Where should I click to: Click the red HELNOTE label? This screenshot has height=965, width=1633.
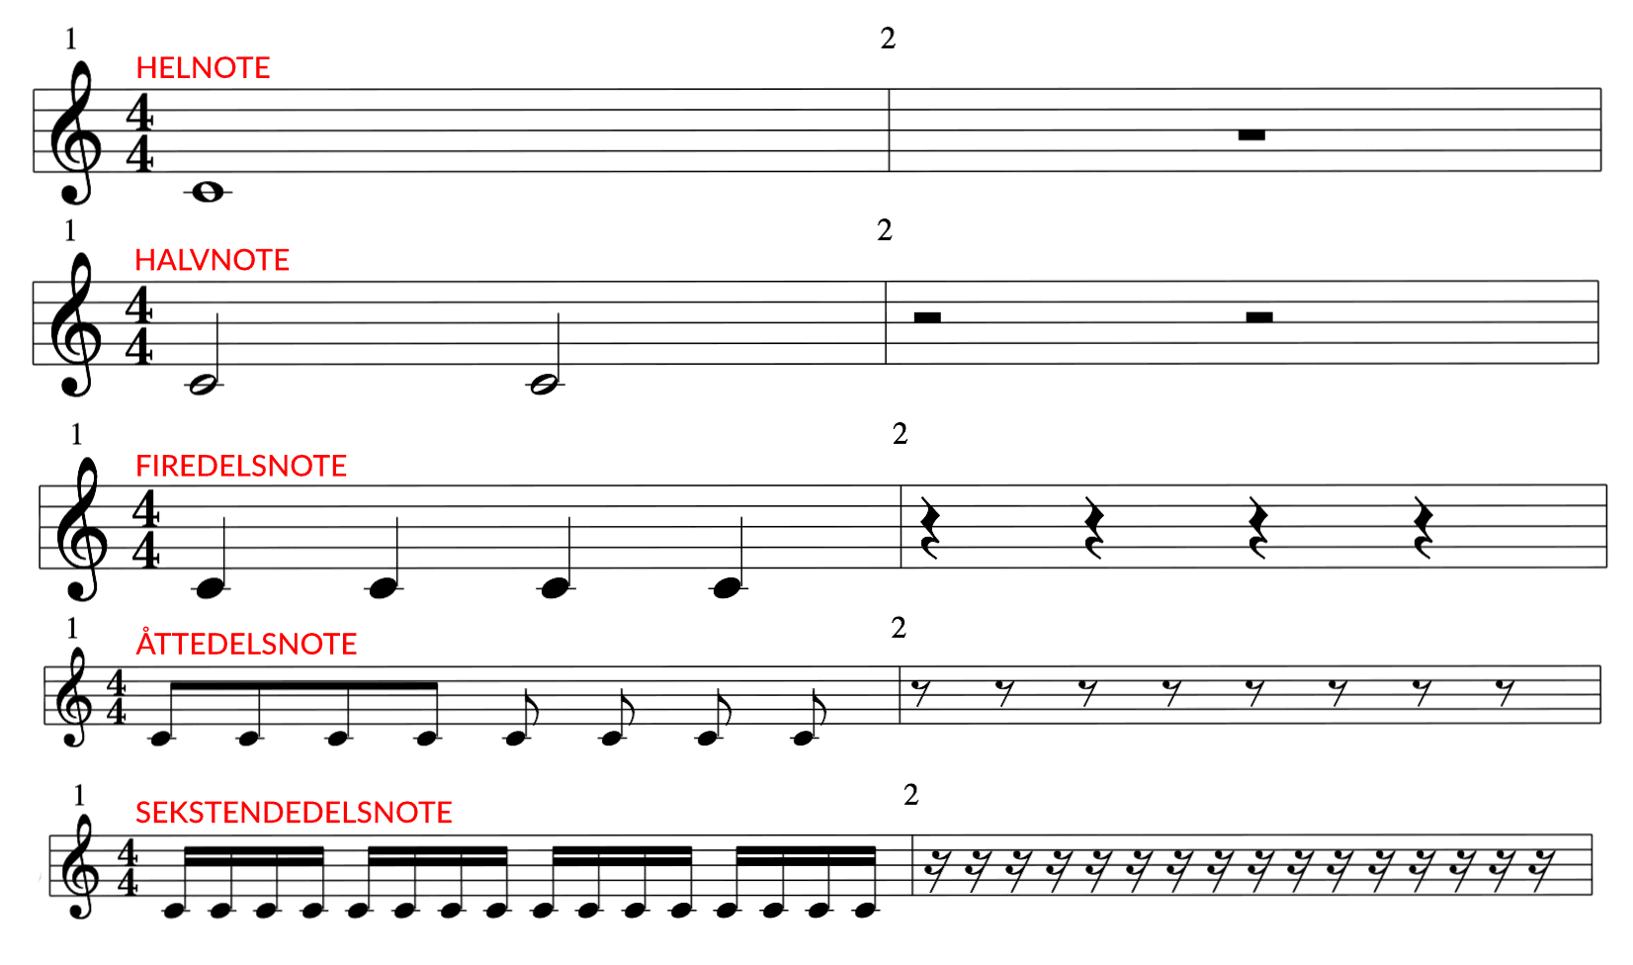tap(203, 68)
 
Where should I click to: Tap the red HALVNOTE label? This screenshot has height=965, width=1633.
tap(213, 260)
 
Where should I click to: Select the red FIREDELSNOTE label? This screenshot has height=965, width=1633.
tap(241, 466)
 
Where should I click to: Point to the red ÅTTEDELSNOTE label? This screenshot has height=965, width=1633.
tap(246, 644)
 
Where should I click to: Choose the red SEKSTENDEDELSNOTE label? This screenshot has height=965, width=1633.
tap(294, 813)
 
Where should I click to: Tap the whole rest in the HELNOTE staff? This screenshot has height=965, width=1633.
tap(1251, 135)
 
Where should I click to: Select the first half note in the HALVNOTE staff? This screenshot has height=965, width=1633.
tap(205, 385)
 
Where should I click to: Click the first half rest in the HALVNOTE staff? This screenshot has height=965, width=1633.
tap(927, 316)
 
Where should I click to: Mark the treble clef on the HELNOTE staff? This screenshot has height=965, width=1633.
tap(78, 133)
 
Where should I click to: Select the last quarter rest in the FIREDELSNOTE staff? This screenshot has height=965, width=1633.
tap(1423, 528)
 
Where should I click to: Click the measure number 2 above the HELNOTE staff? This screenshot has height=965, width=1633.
tap(888, 39)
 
